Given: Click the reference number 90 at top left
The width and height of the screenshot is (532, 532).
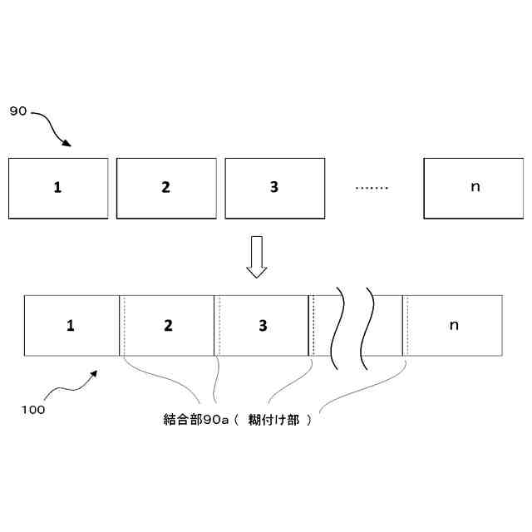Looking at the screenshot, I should click(x=17, y=111).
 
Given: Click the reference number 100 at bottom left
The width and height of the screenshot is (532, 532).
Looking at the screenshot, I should click(x=33, y=409).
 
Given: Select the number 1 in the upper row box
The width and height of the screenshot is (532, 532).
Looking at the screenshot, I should click(x=57, y=187).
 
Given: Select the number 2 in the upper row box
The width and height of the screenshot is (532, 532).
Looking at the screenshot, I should click(x=165, y=187).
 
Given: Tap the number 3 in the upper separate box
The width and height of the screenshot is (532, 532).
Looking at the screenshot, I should click(x=274, y=187).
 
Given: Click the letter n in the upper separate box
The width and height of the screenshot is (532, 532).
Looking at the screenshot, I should click(x=475, y=187).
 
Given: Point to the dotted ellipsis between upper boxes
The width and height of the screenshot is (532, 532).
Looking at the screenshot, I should click(x=372, y=188).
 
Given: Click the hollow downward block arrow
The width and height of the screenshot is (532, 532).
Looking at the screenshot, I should click(x=257, y=257).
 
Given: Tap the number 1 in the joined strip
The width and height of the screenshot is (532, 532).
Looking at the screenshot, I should click(x=71, y=325).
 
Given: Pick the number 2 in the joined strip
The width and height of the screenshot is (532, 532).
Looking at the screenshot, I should click(x=168, y=325).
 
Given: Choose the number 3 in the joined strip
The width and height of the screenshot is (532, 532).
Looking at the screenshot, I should click(x=263, y=325).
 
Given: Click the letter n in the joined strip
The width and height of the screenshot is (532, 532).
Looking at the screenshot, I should click(x=454, y=325).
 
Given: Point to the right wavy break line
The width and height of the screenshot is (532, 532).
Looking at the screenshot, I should click(x=367, y=328).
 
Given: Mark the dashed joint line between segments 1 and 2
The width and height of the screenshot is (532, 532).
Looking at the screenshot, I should click(x=125, y=325).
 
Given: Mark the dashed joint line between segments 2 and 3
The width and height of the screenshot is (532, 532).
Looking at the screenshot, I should click(x=219, y=325).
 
